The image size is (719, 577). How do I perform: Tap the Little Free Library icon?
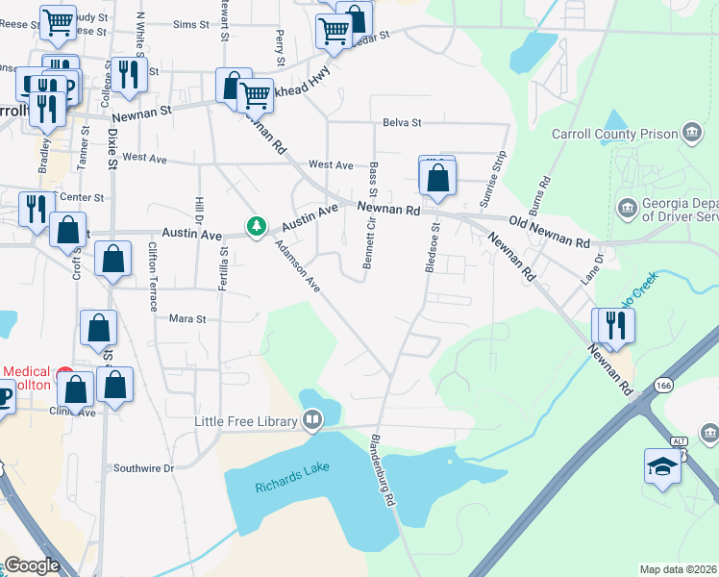312,419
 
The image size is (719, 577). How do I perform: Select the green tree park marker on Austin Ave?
256,226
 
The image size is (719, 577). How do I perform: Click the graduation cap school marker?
663,466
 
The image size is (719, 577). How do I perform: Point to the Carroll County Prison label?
615,134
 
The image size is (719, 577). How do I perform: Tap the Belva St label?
402,123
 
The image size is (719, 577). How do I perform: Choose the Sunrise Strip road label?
491,178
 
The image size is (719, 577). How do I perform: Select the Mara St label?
187,318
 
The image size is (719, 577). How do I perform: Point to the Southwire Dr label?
141,468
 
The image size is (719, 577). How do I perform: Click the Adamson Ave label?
297,265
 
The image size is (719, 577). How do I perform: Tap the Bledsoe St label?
432,248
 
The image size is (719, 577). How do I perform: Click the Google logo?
32,565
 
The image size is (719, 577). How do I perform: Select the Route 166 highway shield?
662,385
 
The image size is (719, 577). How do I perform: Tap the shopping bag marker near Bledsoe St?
437,178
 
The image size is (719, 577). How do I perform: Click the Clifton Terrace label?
153,277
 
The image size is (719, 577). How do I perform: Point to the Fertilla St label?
222,268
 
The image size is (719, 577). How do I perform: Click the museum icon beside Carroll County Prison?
690,133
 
